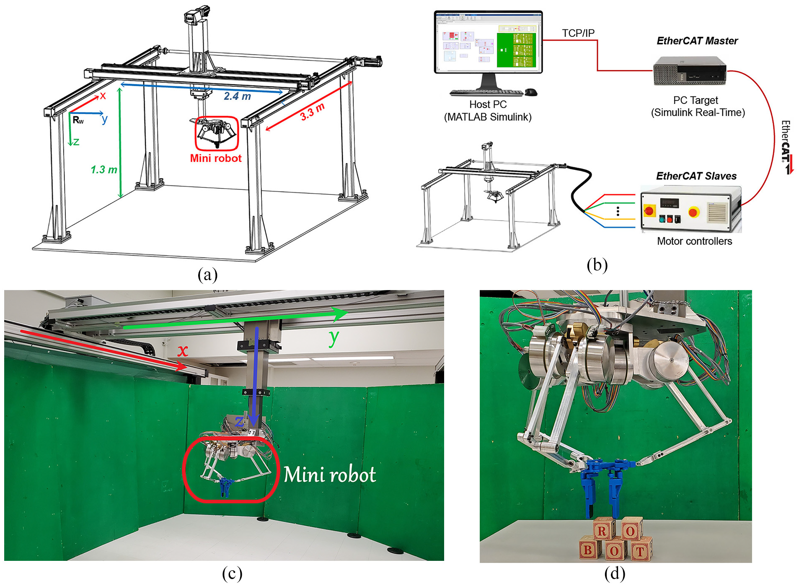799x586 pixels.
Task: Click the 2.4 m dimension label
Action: point(237,96)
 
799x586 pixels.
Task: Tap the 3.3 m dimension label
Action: point(313,111)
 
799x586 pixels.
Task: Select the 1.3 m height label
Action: point(104,169)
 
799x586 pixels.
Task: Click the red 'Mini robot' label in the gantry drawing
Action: point(216,158)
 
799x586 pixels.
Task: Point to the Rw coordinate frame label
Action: point(78,120)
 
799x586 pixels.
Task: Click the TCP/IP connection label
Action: point(578,33)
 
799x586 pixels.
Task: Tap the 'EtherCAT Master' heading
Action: point(697,41)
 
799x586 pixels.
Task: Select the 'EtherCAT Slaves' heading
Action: point(696,176)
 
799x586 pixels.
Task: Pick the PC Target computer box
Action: point(690,70)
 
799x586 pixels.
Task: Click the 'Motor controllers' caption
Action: point(694,241)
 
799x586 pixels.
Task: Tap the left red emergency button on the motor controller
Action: point(649,210)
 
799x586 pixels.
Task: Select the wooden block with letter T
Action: point(639,551)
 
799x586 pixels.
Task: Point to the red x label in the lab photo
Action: point(182,350)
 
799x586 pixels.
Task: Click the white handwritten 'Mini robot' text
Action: point(330,475)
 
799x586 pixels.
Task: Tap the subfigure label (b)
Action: point(597,265)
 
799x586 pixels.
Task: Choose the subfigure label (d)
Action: point(615,573)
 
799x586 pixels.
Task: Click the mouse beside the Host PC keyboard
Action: point(531,92)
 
